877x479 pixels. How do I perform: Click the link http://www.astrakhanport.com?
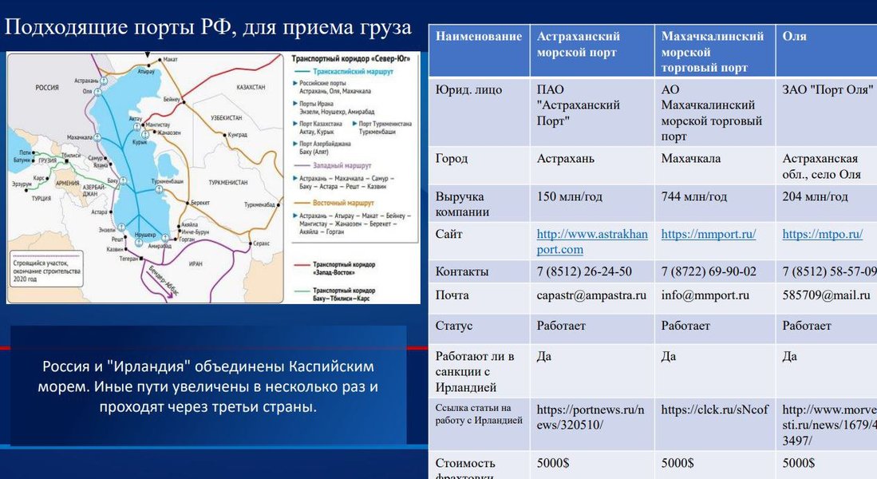(x=592, y=241)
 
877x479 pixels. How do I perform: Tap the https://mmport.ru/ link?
(x=708, y=234)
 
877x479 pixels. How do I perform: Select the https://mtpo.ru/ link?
(x=822, y=234)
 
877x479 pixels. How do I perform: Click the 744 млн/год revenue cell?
(x=693, y=196)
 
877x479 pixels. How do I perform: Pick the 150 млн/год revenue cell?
(x=569, y=196)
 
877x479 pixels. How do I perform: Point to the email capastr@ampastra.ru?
(x=591, y=295)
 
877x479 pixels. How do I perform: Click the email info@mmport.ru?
(x=705, y=295)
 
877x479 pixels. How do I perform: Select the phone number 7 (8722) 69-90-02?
(x=708, y=271)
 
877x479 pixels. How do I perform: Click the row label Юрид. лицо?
(x=468, y=90)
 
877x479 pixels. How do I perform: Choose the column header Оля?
(x=794, y=37)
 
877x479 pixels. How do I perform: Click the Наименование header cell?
(x=479, y=37)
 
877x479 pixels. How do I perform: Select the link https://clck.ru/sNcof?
(x=714, y=410)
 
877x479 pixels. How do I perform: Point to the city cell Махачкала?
(x=690, y=159)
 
